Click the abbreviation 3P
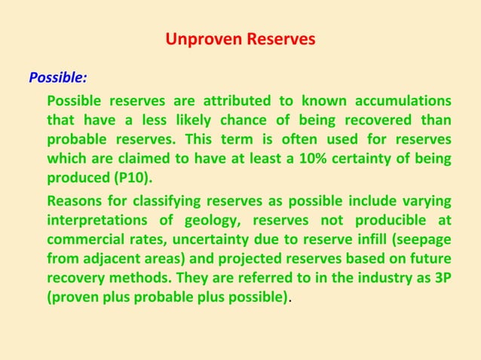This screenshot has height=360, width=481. [x=442, y=279]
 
